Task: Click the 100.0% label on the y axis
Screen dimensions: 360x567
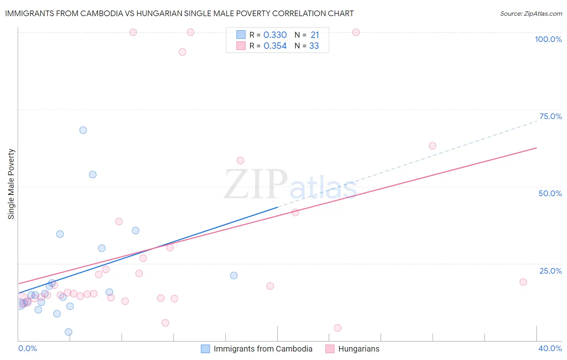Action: (548, 39)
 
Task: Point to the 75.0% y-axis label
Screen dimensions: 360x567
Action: (550, 116)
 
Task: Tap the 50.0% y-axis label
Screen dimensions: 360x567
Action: (550, 193)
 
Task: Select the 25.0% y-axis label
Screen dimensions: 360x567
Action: (550, 271)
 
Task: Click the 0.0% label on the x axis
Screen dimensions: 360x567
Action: (28, 348)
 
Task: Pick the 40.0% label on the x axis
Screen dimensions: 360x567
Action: (550, 348)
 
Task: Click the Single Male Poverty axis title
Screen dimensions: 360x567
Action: (11, 184)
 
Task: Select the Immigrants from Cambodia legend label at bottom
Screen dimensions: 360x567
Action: (263, 349)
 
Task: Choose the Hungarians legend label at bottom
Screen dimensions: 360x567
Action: (359, 349)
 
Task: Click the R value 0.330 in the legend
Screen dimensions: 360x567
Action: (275, 35)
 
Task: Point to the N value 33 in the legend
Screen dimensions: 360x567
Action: (314, 46)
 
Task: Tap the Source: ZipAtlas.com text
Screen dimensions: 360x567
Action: (531, 14)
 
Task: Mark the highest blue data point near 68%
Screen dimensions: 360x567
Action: (83, 130)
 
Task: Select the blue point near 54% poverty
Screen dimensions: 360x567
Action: (93, 175)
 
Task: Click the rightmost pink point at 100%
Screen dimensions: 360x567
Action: (356, 32)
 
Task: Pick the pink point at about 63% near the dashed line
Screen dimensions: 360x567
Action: (432, 146)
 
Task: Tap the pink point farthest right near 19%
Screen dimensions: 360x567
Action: (523, 282)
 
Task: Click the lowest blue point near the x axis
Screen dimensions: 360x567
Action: (69, 332)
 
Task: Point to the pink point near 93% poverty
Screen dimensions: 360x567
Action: (182, 52)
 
